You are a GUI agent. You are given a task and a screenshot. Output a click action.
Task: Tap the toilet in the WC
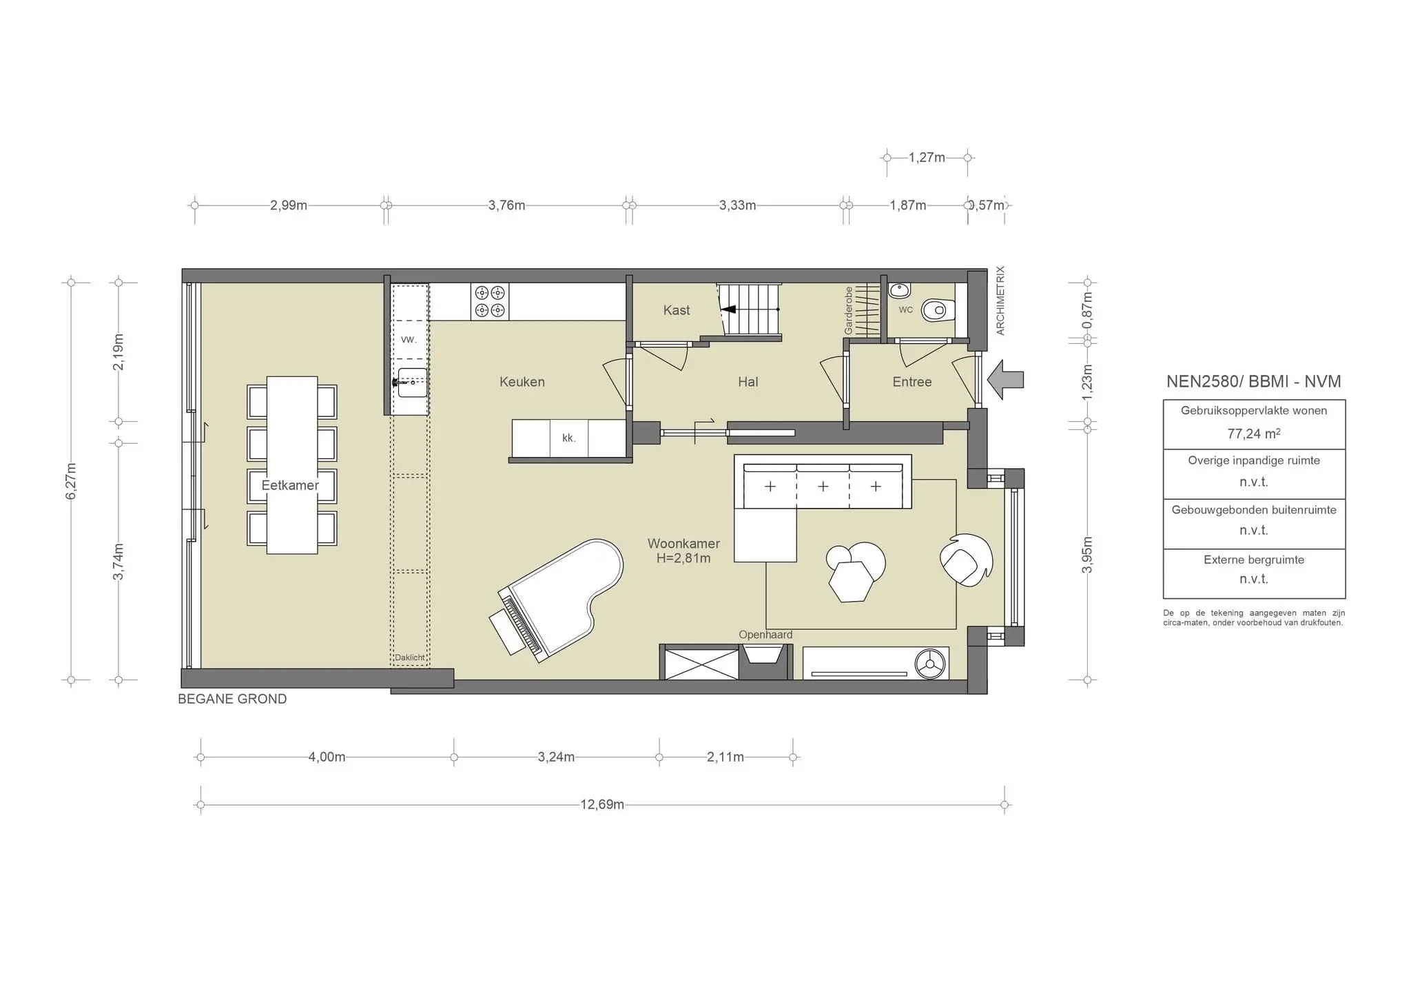click(x=938, y=311)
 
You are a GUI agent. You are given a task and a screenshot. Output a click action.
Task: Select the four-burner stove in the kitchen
click(x=490, y=301)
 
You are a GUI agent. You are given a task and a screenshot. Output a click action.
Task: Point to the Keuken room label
click(x=522, y=382)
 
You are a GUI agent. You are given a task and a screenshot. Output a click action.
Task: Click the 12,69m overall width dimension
click(x=601, y=804)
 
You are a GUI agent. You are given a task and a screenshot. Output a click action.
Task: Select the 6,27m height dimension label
click(x=71, y=481)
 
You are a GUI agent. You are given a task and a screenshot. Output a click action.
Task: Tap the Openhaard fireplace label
click(x=765, y=635)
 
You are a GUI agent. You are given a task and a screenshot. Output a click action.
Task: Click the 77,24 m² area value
click(x=1253, y=434)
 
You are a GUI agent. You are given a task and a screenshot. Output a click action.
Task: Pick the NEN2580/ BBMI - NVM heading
click(x=1253, y=381)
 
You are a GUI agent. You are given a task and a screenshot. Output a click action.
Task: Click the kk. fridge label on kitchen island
click(x=568, y=438)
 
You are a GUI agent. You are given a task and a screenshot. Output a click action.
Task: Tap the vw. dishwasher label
click(x=409, y=339)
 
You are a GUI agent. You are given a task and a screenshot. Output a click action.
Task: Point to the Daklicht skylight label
click(x=409, y=658)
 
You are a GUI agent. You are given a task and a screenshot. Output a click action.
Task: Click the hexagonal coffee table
click(x=851, y=581)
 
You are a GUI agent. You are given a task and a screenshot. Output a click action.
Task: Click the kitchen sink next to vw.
click(x=411, y=382)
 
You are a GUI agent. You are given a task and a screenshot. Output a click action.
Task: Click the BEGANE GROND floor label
click(x=232, y=699)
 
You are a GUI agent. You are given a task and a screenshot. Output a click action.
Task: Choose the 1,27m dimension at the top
click(x=927, y=157)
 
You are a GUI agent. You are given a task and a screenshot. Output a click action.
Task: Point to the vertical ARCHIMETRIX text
click(x=1000, y=301)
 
